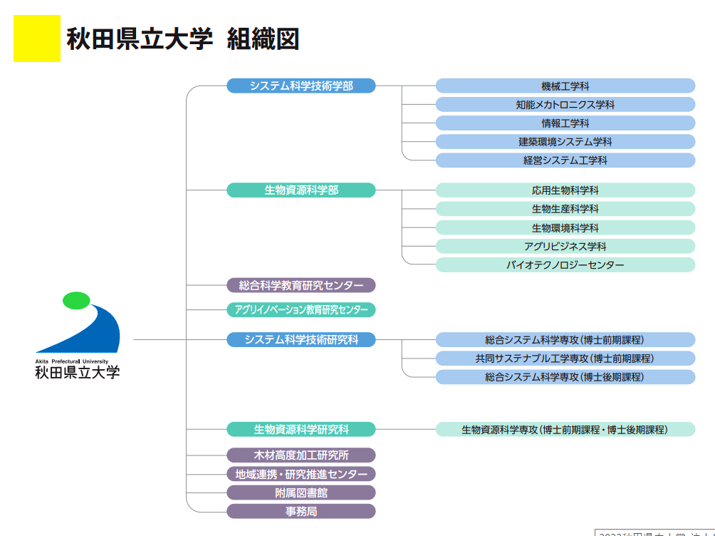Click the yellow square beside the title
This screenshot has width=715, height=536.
point(37,38)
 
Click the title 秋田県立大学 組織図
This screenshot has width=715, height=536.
point(182,39)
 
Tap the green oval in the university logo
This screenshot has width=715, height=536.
point(76,300)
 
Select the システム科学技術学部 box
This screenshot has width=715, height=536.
point(301,86)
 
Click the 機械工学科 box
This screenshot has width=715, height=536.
point(565,86)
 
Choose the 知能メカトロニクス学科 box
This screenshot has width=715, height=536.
point(565,105)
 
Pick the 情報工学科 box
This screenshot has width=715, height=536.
point(565,123)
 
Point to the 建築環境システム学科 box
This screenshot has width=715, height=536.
point(565,142)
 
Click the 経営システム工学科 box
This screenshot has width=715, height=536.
point(565,160)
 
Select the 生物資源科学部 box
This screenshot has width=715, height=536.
point(301,190)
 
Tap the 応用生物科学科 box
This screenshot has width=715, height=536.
point(565,190)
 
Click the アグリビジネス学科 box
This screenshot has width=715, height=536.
point(565,246)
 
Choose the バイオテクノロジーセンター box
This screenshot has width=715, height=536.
point(565,265)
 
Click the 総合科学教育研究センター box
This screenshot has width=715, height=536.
point(301,285)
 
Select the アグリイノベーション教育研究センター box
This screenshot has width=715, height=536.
point(301,310)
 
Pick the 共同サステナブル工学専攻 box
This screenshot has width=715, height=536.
point(565,358)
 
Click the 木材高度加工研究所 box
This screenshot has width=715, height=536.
point(301,455)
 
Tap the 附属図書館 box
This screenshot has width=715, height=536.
point(301,493)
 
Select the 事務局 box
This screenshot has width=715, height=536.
point(301,511)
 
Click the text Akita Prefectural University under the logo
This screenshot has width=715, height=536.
point(77,361)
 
